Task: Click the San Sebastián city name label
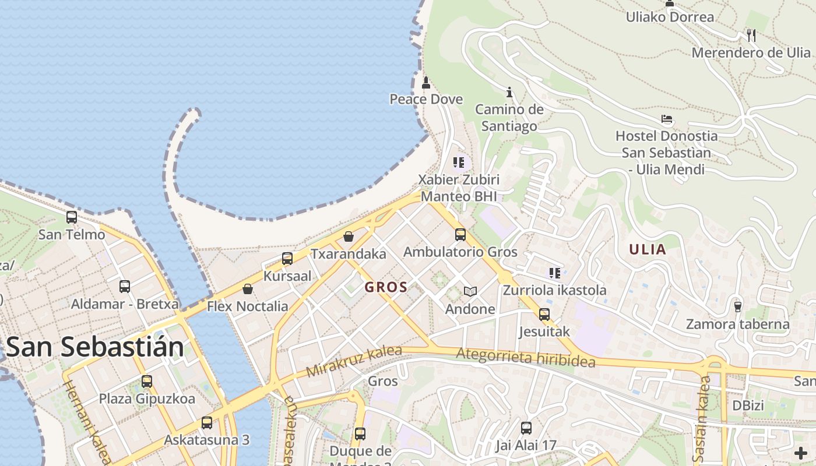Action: pyautogui.click(x=95, y=347)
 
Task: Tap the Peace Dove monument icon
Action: pyautogui.click(x=426, y=83)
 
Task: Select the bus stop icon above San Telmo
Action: pyautogui.click(x=72, y=217)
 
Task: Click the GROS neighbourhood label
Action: pyautogui.click(x=386, y=287)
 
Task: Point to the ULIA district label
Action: pyautogui.click(x=647, y=250)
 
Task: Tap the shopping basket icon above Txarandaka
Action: pyautogui.click(x=349, y=236)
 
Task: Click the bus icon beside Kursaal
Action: pyautogui.click(x=287, y=259)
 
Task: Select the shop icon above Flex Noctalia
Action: pyautogui.click(x=248, y=289)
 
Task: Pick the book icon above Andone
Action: pyautogui.click(x=470, y=291)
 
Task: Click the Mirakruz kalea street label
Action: pyautogui.click(x=354, y=361)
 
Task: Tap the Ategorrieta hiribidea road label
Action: pyautogui.click(x=526, y=357)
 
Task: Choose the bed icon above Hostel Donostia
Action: pyautogui.click(x=667, y=119)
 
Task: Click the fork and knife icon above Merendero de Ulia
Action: pyautogui.click(x=751, y=36)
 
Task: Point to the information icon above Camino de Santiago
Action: pyautogui.click(x=509, y=92)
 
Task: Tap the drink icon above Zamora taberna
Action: pyautogui.click(x=737, y=306)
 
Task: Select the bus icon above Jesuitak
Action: pyautogui.click(x=544, y=315)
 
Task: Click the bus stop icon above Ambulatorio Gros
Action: pyautogui.click(x=460, y=235)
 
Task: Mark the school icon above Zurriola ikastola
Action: pyautogui.click(x=554, y=273)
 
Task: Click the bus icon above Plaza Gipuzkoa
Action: pyautogui.click(x=147, y=382)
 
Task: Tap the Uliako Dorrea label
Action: pyautogui.click(x=670, y=17)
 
